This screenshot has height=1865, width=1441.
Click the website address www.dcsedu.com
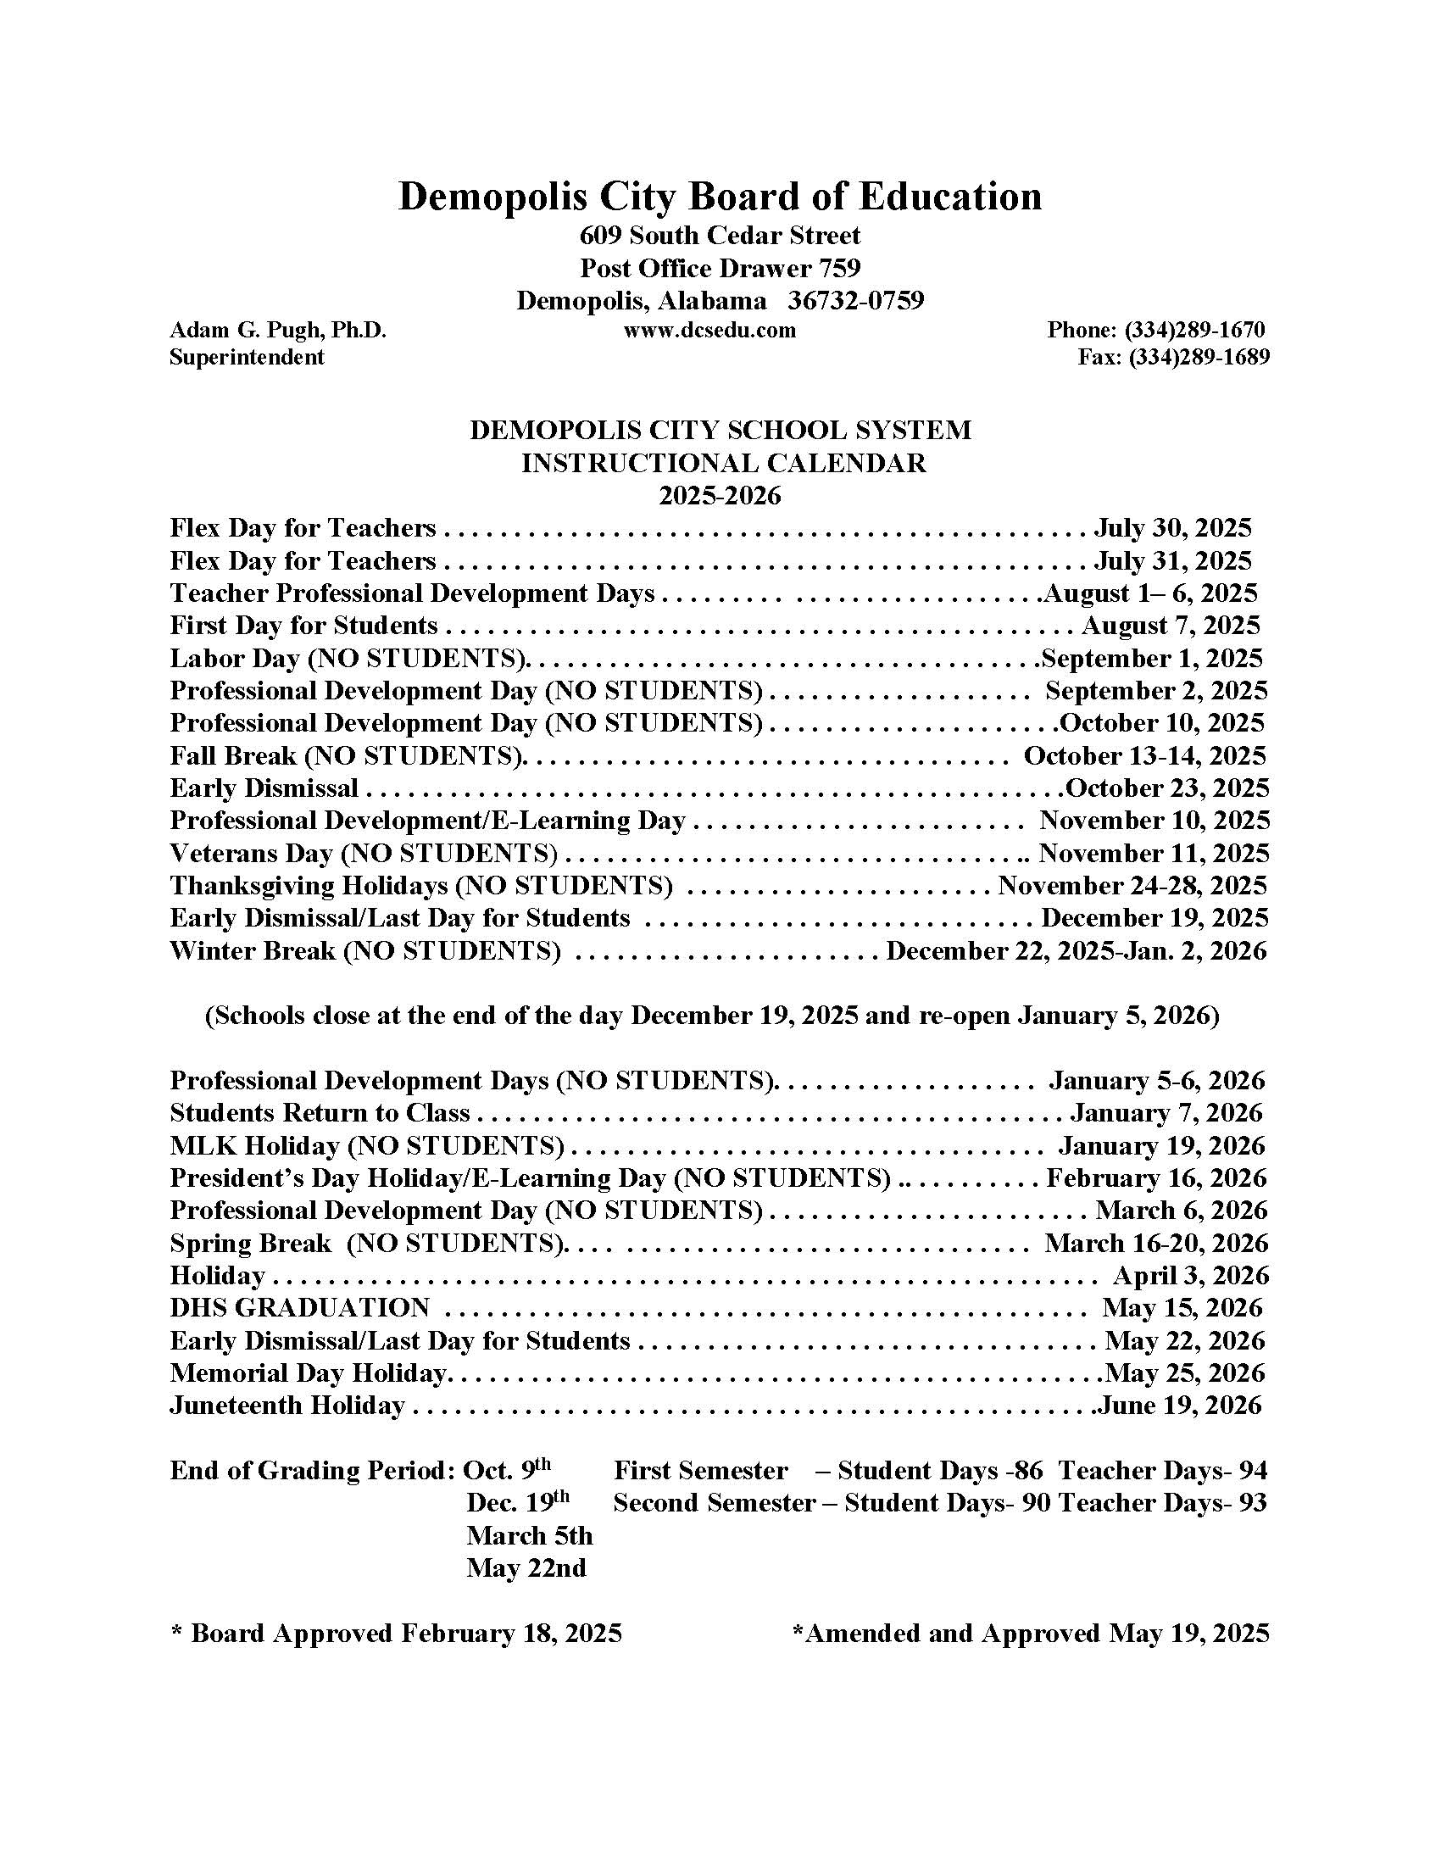pyautogui.click(x=709, y=330)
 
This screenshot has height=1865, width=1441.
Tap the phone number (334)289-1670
pyautogui.click(x=1193, y=330)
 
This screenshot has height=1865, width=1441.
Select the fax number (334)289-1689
pyautogui.click(x=1199, y=357)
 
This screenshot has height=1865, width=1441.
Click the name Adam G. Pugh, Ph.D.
pyautogui.click(x=278, y=330)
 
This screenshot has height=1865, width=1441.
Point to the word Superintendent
pyautogui.click(x=247, y=357)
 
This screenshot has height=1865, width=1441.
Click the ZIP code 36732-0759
pyautogui.click(x=855, y=301)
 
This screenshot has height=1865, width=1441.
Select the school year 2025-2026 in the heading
pyautogui.click(x=720, y=495)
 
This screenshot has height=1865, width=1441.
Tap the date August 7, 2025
pyautogui.click(x=1171, y=626)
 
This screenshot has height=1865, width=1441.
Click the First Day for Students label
pyautogui.click(x=304, y=626)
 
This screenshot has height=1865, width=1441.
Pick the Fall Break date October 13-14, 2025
pyautogui.click(x=1145, y=755)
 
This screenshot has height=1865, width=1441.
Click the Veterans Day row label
pyautogui.click(x=364, y=853)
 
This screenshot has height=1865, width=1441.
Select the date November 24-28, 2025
pyautogui.click(x=1132, y=886)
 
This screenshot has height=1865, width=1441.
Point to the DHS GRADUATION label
pyautogui.click(x=299, y=1307)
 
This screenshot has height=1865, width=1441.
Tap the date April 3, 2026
pyautogui.click(x=1191, y=1275)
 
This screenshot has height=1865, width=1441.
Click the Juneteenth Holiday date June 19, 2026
pyautogui.click(x=1180, y=1405)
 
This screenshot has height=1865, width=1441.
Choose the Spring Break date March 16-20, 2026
pyautogui.click(x=1156, y=1243)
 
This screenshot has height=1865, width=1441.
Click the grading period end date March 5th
pyautogui.click(x=529, y=1535)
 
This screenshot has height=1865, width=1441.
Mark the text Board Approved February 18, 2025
pyautogui.click(x=405, y=1633)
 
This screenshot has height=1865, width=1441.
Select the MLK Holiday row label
pyautogui.click(x=367, y=1145)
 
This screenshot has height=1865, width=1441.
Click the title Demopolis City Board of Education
pyautogui.click(x=720, y=196)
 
